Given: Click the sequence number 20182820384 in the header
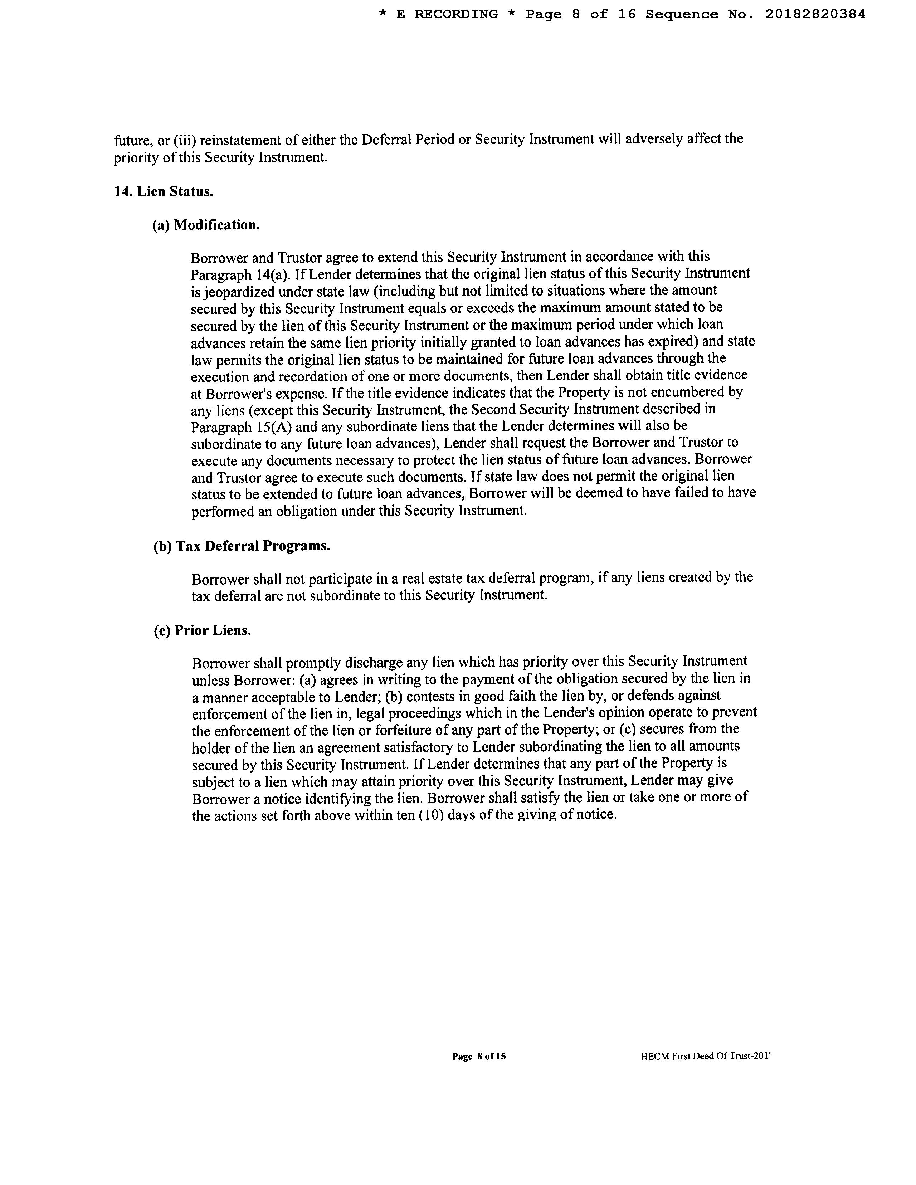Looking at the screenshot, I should tap(815, 15).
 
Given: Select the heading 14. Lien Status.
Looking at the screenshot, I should tap(163, 191).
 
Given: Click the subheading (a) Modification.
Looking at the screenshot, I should tap(206, 225).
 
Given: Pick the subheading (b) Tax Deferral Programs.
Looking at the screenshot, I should tap(242, 546).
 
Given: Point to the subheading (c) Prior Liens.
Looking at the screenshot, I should tap(203, 630).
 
